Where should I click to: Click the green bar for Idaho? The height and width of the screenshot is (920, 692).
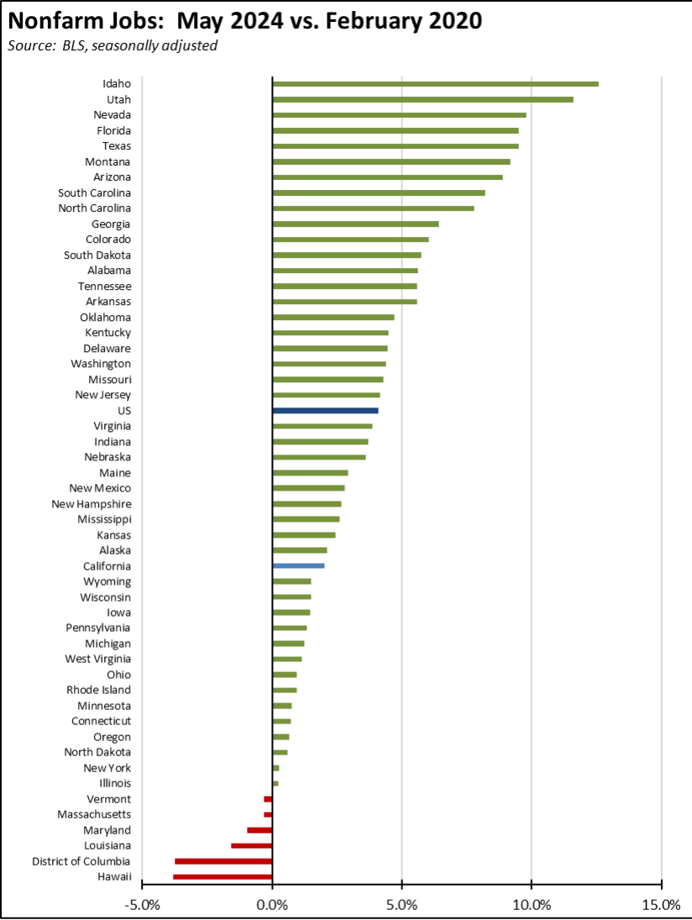tap(435, 84)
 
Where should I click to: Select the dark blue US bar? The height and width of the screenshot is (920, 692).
tap(325, 411)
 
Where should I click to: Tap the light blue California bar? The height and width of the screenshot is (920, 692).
tap(298, 566)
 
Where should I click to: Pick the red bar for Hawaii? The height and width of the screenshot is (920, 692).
tap(223, 877)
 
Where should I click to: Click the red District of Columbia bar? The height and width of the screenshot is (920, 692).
tap(223, 861)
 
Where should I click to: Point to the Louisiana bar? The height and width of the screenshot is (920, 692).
tap(251, 845)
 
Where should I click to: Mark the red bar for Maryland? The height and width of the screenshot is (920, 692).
tap(259, 830)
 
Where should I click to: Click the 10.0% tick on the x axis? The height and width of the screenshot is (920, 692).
tap(532, 905)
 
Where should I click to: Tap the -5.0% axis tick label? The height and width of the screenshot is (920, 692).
tap(141, 905)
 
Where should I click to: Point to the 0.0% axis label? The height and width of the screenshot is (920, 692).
tap(272, 905)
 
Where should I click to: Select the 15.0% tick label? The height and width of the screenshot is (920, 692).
tap(661, 905)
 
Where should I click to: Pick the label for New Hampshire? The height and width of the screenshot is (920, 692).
tap(91, 504)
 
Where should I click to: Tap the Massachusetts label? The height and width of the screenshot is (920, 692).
tap(94, 814)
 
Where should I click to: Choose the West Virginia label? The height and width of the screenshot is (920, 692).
tap(97, 659)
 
